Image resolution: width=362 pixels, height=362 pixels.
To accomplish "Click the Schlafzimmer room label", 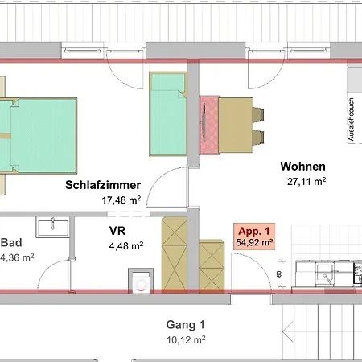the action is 103,185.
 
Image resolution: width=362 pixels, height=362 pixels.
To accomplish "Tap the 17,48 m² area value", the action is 121,200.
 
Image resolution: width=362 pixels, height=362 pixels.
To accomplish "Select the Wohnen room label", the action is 303,167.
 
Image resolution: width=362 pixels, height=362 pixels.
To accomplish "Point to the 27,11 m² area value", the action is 306,182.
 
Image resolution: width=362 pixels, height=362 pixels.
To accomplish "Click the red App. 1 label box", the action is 254,237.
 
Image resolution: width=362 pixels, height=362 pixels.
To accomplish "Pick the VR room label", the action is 117,231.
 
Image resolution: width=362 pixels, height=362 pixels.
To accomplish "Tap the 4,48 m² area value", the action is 126,245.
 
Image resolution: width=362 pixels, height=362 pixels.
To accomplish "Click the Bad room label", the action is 11,243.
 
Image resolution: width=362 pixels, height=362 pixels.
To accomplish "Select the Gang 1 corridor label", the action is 186,325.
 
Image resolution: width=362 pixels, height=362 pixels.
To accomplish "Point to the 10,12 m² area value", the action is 186,340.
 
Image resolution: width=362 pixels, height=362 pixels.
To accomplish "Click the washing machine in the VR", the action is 141,281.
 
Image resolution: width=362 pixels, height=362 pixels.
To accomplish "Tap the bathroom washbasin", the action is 53,228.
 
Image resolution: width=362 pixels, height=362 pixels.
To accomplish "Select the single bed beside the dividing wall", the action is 168,113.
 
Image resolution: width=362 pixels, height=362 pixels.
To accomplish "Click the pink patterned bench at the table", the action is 209,125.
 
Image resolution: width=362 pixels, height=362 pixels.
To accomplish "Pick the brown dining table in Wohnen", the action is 236,125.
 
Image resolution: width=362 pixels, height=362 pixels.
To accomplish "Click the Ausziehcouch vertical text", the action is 351,119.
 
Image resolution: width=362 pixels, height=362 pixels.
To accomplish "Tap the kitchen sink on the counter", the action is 325,274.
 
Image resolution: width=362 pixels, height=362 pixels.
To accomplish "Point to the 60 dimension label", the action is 279,274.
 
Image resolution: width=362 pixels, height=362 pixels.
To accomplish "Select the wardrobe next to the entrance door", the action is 212,266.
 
